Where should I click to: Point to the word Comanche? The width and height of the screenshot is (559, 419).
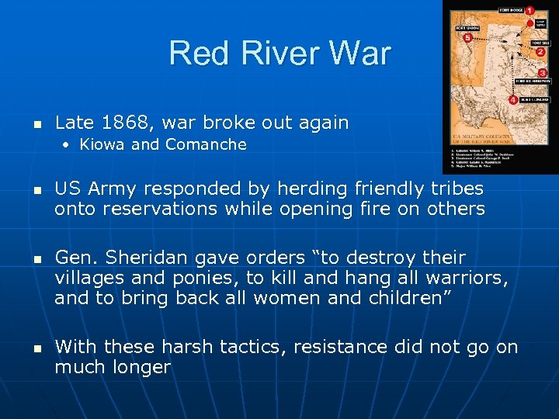tap(207, 144)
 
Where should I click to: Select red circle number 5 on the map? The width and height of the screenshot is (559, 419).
tap(467, 37)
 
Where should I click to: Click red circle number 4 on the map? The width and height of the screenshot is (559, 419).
tap(513, 100)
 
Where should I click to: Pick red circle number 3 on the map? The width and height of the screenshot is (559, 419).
tap(543, 72)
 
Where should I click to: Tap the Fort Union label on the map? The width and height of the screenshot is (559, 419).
tap(467, 28)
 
